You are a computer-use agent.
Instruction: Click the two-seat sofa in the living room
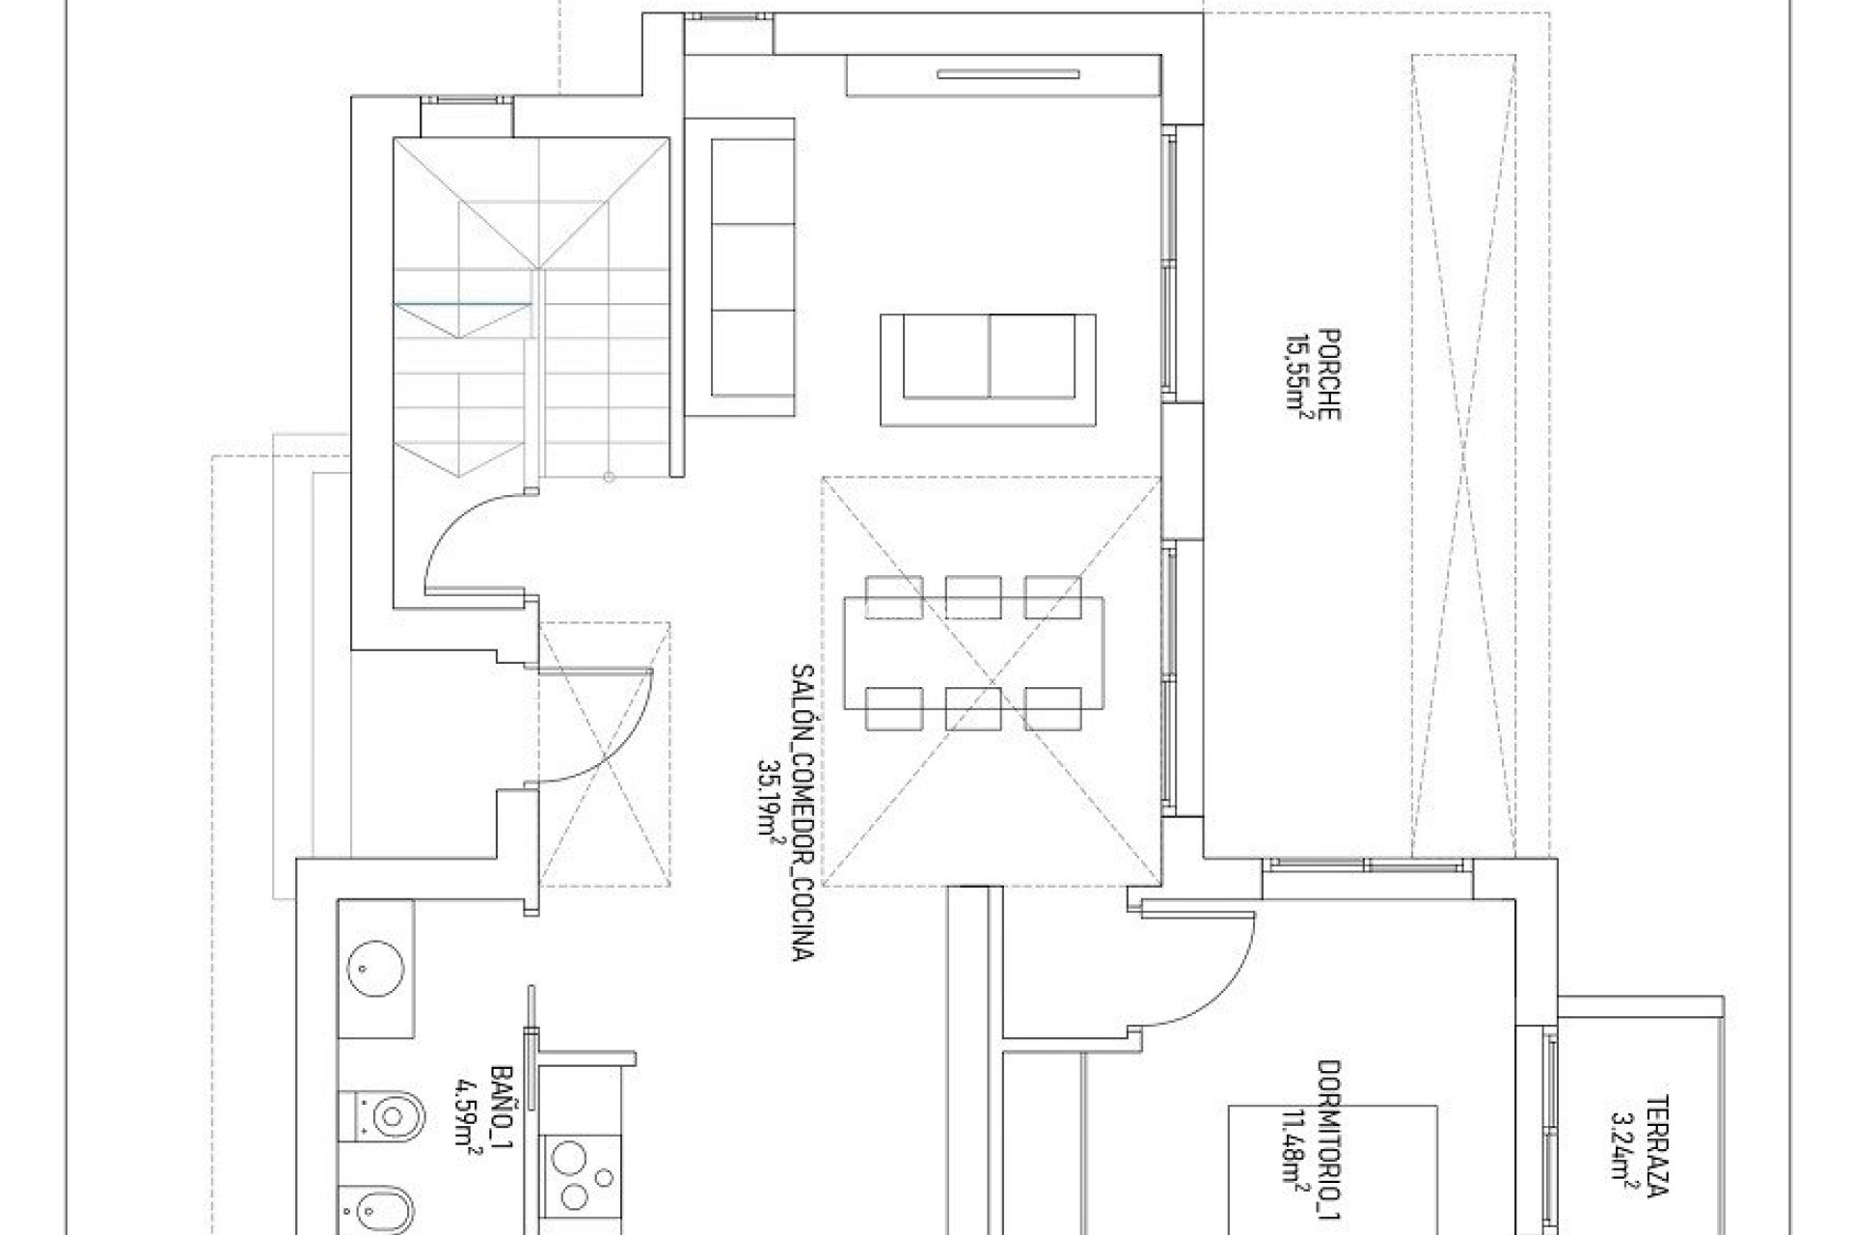(x=989, y=369)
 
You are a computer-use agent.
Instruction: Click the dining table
(x=974, y=652)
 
